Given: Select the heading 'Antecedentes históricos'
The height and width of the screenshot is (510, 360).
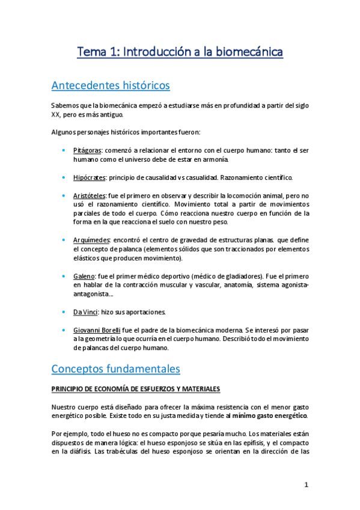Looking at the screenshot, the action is click(111, 85).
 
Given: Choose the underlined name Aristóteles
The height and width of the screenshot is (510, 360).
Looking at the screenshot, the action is click(90, 196).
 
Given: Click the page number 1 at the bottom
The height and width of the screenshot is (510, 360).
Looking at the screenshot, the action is click(306, 484).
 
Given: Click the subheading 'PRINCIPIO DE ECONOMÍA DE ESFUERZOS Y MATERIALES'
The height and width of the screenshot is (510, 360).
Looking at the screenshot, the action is click(136, 389).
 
